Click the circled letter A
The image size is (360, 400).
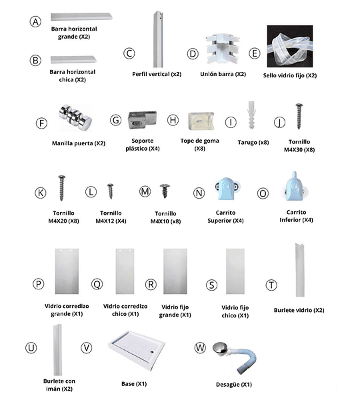click(x=35, y=22)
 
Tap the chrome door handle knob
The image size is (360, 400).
click(x=75, y=117)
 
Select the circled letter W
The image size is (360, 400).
click(x=200, y=348)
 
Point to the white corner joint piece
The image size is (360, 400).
click(x=223, y=49)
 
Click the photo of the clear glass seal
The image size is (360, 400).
click(x=290, y=46)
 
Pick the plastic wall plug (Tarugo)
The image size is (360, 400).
click(x=251, y=115)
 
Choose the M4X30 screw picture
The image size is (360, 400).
click(x=299, y=116)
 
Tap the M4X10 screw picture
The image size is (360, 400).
click(x=165, y=191)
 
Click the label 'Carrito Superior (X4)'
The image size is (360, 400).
click(x=225, y=217)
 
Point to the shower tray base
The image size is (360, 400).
click(x=137, y=350)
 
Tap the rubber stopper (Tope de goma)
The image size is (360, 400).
click(x=201, y=121)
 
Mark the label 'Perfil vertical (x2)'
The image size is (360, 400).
click(x=157, y=74)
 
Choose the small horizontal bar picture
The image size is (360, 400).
click(x=73, y=60)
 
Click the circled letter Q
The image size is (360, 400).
click(x=97, y=284)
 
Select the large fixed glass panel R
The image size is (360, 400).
click(x=175, y=271)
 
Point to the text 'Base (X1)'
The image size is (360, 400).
click(x=134, y=384)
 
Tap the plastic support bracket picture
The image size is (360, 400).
click(x=142, y=120)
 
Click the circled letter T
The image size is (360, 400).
click(x=271, y=285)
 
